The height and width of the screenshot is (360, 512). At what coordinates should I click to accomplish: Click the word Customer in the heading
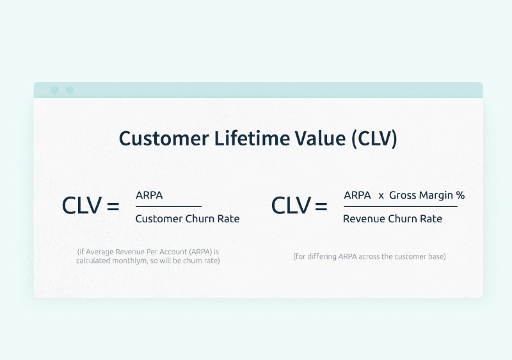click(x=164, y=138)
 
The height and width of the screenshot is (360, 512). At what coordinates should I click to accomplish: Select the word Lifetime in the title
click(x=252, y=138)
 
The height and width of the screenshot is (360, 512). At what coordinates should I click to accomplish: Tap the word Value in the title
click(x=321, y=138)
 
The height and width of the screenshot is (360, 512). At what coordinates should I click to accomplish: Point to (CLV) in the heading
click(x=374, y=139)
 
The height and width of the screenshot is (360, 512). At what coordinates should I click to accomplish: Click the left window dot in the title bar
click(x=54, y=90)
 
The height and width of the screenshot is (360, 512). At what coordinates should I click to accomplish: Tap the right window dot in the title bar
click(x=70, y=90)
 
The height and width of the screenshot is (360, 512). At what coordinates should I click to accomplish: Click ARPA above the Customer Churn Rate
click(x=149, y=195)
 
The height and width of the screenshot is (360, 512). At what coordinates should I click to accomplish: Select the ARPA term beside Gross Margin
click(x=357, y=195)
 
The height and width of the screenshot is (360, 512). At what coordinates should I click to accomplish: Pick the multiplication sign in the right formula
click(x=381, y=196)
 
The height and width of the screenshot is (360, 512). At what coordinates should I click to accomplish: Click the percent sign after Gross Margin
click(x=460, y=195)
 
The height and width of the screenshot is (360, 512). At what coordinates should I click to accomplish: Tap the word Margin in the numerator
click(x=436, y=195)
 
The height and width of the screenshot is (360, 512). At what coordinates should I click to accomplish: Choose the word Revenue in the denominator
click(x=364, y=218)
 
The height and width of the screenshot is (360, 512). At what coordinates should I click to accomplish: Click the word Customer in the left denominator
click(x=159, y=218)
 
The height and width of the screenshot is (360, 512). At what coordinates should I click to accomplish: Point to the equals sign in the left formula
click(x=113, y=206)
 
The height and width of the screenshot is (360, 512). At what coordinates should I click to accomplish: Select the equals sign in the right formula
click(x=321, y=206)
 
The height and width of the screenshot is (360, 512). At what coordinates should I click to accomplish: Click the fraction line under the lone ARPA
click(x=168, y=206)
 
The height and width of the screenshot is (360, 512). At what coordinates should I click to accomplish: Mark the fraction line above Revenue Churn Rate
click(x=401, y=206)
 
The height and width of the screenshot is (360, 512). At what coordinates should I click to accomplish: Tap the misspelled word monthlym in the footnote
click(x=130, y=261)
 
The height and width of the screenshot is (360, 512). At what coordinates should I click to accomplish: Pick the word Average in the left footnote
click(x=100, y=252)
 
